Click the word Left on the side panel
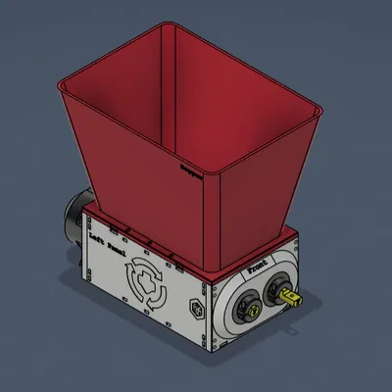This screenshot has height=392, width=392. [x=97, y=237]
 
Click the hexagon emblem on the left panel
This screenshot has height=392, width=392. [x=195, y=311]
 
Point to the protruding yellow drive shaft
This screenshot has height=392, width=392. [x=290, y=294]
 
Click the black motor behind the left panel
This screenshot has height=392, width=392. [x=73, y=221]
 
